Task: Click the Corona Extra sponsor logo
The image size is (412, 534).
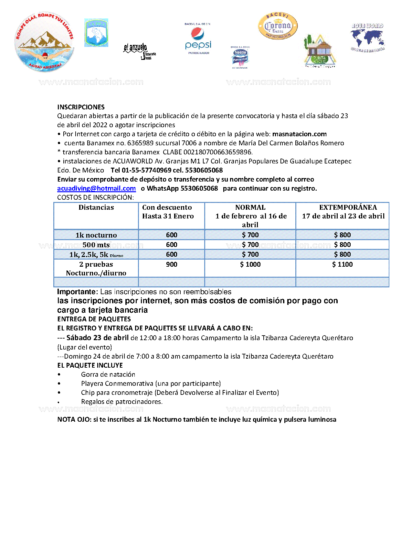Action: click(278, 26)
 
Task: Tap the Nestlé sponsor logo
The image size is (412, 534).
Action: click(240, 58)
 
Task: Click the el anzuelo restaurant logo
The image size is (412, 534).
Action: click(139, 51)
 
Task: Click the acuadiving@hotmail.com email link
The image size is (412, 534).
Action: click(96, 188)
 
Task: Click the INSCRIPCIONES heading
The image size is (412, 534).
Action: click(81, 107)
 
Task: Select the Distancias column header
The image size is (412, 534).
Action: click(96, 207)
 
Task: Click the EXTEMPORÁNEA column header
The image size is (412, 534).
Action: click(348, 207)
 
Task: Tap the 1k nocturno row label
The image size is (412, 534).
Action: click(96, 235)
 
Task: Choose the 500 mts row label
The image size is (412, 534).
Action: click(96, 245)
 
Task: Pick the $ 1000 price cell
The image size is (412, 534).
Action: click(250, 264)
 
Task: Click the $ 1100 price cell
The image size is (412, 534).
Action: click(342, 264)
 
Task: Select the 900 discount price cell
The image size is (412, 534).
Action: click(172, 264)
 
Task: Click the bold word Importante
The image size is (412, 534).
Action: click(77, 292)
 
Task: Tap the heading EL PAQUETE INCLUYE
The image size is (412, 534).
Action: click(90, 365)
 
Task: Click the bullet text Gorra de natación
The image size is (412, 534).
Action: click(108, 374)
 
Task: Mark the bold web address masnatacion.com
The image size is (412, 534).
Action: click(299, 134)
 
